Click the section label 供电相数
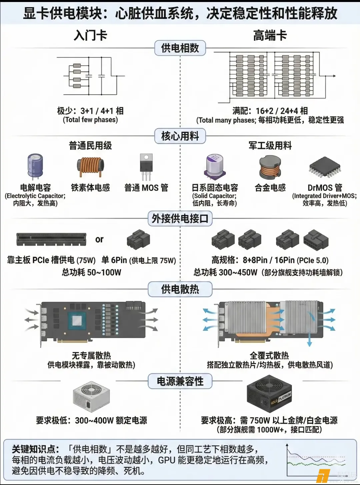(x=180, y=48)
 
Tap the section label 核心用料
(x=180, y=136)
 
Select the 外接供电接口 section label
(x=180, y=218)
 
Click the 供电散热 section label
(x=180, y=289)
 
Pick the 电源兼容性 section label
(x=180, y=381)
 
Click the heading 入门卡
(x=90, y=35)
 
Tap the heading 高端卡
(x=270, y=35)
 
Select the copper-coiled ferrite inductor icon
(x=90, y=167)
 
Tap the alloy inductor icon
(x=270, y=167)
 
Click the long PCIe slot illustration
(x=51, y=239)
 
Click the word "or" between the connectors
(x=99, y=239)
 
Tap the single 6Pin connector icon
(x=138, y=239)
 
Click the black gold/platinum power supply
(x=269, y=394)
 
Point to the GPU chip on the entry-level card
(x=77, y=321)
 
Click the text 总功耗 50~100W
(x=91, y=273)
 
